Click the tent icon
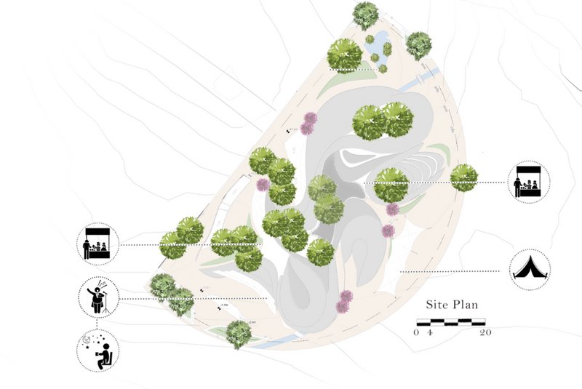(530, 269)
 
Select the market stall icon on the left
(97, 244)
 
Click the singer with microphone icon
(97, 297)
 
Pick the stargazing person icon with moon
(97, 350)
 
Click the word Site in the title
(439, 305)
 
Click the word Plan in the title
(468, 305)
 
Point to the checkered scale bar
(450, 321)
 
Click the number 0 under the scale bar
(417, 332)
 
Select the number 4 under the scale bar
(430, 332)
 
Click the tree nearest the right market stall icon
(463, 177)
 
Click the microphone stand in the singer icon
(106, 300)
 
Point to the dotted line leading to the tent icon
(451, 272)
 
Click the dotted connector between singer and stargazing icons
(97, 324)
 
